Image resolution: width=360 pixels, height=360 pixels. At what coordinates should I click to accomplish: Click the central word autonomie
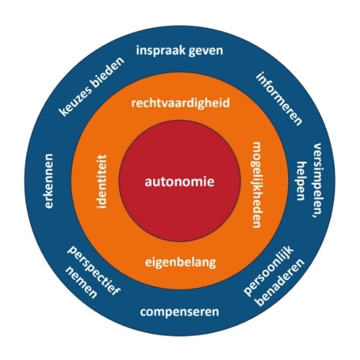pyautogui.click(x=180, y=181)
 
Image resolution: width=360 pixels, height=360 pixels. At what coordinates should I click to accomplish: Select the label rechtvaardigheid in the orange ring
pyautogui.click(x=180, y=104)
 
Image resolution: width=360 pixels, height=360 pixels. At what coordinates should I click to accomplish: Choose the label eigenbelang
pyautogui.click(x=180, y=262)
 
